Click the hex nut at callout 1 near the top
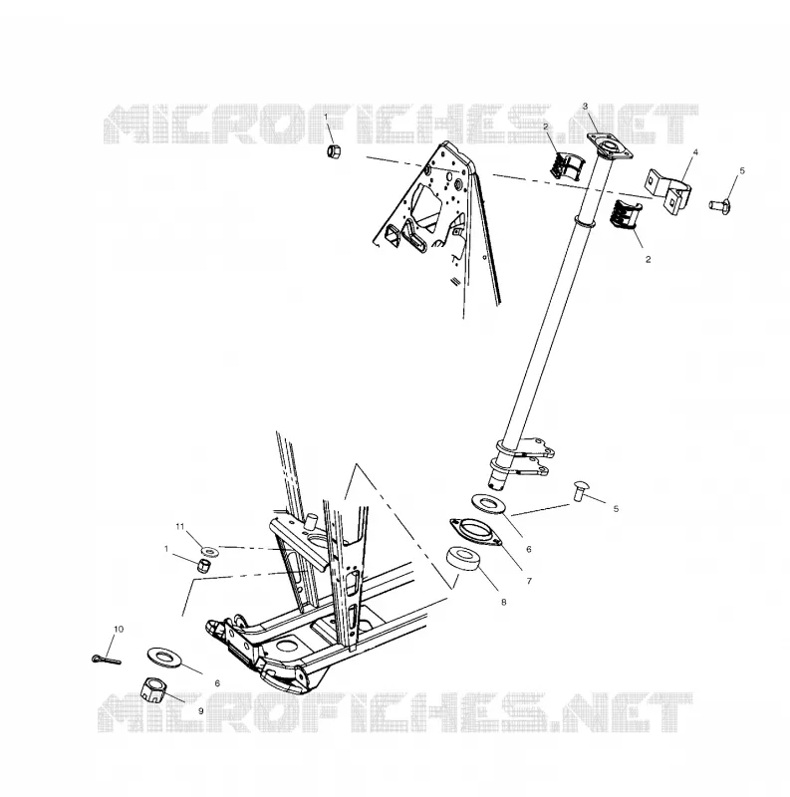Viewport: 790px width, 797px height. [333, 151]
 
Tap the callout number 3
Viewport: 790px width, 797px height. [585, 107]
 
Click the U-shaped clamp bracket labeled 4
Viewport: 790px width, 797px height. [669, 190]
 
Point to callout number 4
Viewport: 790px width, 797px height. [695, 152]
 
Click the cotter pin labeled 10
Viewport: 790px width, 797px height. [107, 660]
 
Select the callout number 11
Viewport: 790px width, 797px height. [179, 527]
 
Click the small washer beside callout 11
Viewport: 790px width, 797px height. [209, 551]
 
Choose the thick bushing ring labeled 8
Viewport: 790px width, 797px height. [463, 559]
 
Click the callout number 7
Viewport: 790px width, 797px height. [529, 581]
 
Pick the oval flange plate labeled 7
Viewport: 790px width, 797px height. [475, 532]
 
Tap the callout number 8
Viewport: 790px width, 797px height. [504, 603]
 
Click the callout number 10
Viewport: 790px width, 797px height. [119, 629]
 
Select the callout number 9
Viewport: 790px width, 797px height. [201, 711]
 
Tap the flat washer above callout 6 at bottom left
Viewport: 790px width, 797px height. [165, 658]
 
